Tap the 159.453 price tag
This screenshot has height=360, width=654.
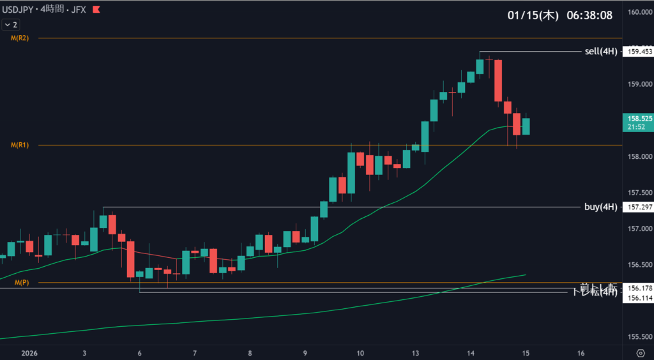click(639, 51)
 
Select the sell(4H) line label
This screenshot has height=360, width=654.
click(600, 51)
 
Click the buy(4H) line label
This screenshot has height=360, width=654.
click(600, 207)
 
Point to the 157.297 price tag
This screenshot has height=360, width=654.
click(639, 207)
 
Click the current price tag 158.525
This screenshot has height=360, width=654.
click(639, 118)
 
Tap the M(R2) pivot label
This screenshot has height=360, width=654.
click(19, 38)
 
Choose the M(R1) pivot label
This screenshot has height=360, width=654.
click(19, 146)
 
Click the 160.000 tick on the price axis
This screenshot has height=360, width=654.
click(639, 12)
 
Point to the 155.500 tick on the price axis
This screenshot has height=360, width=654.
click(639, 337)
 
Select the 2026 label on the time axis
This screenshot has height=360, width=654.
click(30, 353)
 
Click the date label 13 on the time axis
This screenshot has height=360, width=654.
click(416, 353)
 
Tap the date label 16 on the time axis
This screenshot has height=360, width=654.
click(581, 353)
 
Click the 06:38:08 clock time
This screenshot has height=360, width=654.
click(590, 15)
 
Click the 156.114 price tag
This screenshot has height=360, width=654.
click(639, 297)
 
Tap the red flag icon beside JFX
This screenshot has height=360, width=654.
click(96, 10)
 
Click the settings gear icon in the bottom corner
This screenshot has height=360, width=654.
click(641, 353)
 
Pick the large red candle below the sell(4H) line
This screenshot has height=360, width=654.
click(498, 80)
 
